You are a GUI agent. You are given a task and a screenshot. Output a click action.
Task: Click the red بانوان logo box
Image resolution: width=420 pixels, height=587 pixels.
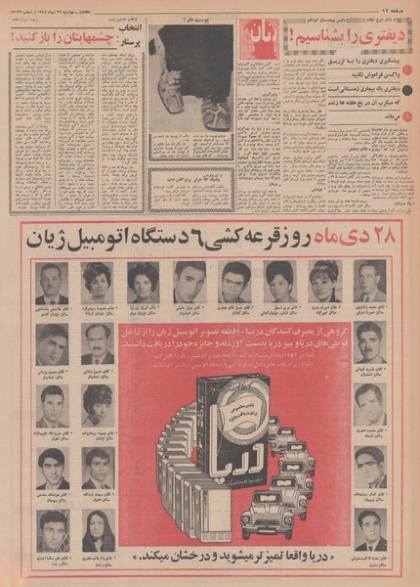click(x=266, y=36)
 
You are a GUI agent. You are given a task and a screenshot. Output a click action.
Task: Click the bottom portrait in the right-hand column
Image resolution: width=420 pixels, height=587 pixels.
click(x=370, y=528)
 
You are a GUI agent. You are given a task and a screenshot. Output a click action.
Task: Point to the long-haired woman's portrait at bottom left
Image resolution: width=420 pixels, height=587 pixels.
click(x=98, y=528)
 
